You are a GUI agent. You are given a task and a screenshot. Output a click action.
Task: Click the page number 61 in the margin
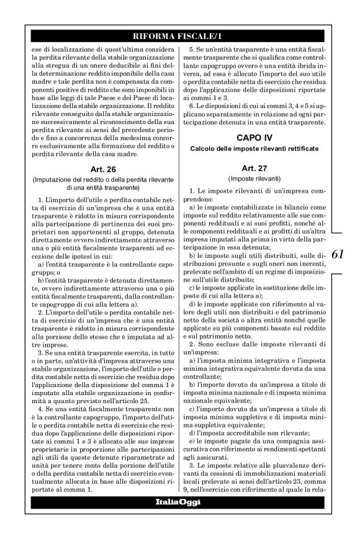click(341, 254)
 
